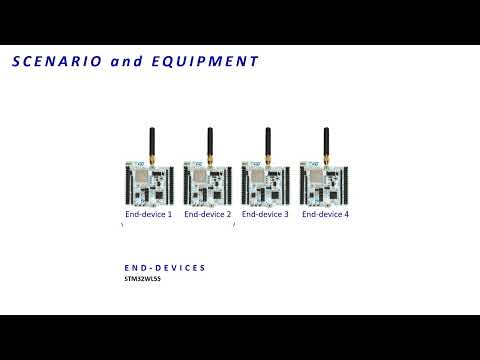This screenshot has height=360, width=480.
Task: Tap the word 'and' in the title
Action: (x=125, y=61)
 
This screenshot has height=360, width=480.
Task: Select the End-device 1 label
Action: (x=148, y=214)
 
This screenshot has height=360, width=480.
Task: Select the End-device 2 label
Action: (x=207, y=214)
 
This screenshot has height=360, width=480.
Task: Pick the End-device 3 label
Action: (x=265, y=214)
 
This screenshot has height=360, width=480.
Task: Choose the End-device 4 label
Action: (x=325, y=214)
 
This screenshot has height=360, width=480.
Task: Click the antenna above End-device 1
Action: (x=151, y=142)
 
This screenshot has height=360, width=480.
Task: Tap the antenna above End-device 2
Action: (x=209, y=142)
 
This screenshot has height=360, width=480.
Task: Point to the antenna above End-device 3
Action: (x=268, y=142)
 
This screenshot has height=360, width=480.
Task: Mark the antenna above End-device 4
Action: (x=327, y=142)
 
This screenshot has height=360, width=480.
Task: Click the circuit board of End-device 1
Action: (x=148, y=182)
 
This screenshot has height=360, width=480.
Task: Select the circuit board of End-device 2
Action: (x=207, y=182)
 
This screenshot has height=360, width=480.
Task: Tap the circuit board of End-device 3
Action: (x=265, y=182)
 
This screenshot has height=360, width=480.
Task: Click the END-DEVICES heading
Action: (x=165, y=268)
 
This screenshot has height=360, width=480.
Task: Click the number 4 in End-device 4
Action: (x=346, y=214)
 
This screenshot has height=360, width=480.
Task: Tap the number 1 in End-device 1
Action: (x=170, y=214)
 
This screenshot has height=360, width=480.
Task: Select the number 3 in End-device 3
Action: (x=286, y=214)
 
